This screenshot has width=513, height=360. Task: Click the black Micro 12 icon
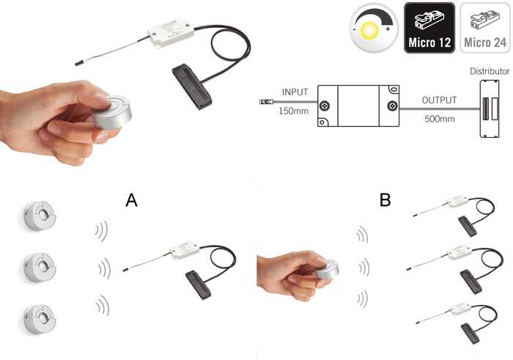(x=429, y=28)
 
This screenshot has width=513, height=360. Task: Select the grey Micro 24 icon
(x=485, y=28)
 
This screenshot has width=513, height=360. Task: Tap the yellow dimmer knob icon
(x=374, y=29)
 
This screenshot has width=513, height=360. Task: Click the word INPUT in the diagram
(x=295, y=92)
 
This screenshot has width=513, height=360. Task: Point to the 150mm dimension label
(x=293, y=111)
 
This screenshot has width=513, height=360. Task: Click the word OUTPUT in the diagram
(x=439, y=100)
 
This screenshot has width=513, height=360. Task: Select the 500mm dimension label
(x=440, y=119)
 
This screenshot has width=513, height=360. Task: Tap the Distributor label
(x=490, y=71)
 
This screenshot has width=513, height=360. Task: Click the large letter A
(x=131, y=200)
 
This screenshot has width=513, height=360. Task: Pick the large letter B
(x=385, y=199)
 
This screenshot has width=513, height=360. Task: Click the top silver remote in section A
(x=40, y=216)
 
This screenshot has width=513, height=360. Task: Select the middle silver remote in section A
(x=40, y=267)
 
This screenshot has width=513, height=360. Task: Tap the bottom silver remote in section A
(x=40, y=319)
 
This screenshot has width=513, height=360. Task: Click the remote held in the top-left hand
(x=112, y=111)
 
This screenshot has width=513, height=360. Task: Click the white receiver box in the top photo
(x=171, y=33)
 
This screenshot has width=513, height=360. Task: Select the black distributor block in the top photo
(x=192, y=87)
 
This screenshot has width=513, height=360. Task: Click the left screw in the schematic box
(x=324, y=106)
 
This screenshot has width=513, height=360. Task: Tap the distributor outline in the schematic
(x=490, y=109)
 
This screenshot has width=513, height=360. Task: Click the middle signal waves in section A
(x=104, y=268)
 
